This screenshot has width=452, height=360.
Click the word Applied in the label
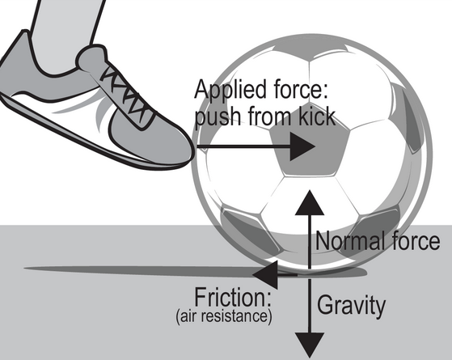click(x=230, y=91)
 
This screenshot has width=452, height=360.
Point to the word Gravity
click(x=351, y=306)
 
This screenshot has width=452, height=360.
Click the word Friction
click(x=233, y=298)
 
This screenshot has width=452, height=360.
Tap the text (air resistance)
click(x=224, y=316)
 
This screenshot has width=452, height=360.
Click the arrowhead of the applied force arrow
click(x=302, y=146)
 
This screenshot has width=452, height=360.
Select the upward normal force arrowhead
click(x=310, y=203)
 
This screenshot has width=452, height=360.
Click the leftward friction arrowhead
click(x=265, y=275)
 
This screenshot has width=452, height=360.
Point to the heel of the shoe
click(x=11, y=57)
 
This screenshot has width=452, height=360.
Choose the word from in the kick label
click(x=269, y=116)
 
